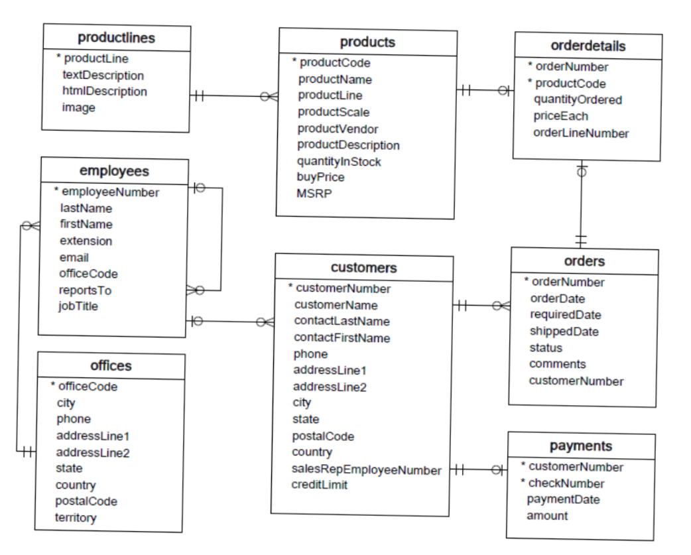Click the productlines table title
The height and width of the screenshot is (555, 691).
116,37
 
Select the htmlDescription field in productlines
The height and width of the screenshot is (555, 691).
104,91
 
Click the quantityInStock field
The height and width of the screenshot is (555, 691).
339,160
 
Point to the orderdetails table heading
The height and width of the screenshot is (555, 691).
588,46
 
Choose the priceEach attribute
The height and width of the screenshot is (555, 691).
561,116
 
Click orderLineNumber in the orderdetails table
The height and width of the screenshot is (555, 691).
581,133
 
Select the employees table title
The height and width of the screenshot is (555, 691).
114,171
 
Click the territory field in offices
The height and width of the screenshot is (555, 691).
75,517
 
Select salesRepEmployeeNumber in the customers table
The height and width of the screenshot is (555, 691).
367,469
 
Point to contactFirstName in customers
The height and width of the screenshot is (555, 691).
342,338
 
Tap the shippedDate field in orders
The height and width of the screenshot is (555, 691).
565,331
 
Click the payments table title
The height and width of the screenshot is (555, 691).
581,446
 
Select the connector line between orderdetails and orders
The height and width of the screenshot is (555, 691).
582,206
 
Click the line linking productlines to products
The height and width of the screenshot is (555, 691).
232,96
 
